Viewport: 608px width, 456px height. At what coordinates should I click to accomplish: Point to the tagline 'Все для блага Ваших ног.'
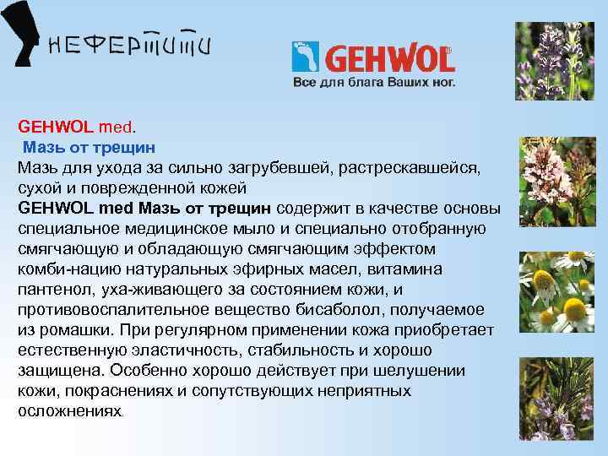[x=373, y=83]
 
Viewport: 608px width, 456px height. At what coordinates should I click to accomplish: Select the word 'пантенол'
[x=52, y=289]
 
